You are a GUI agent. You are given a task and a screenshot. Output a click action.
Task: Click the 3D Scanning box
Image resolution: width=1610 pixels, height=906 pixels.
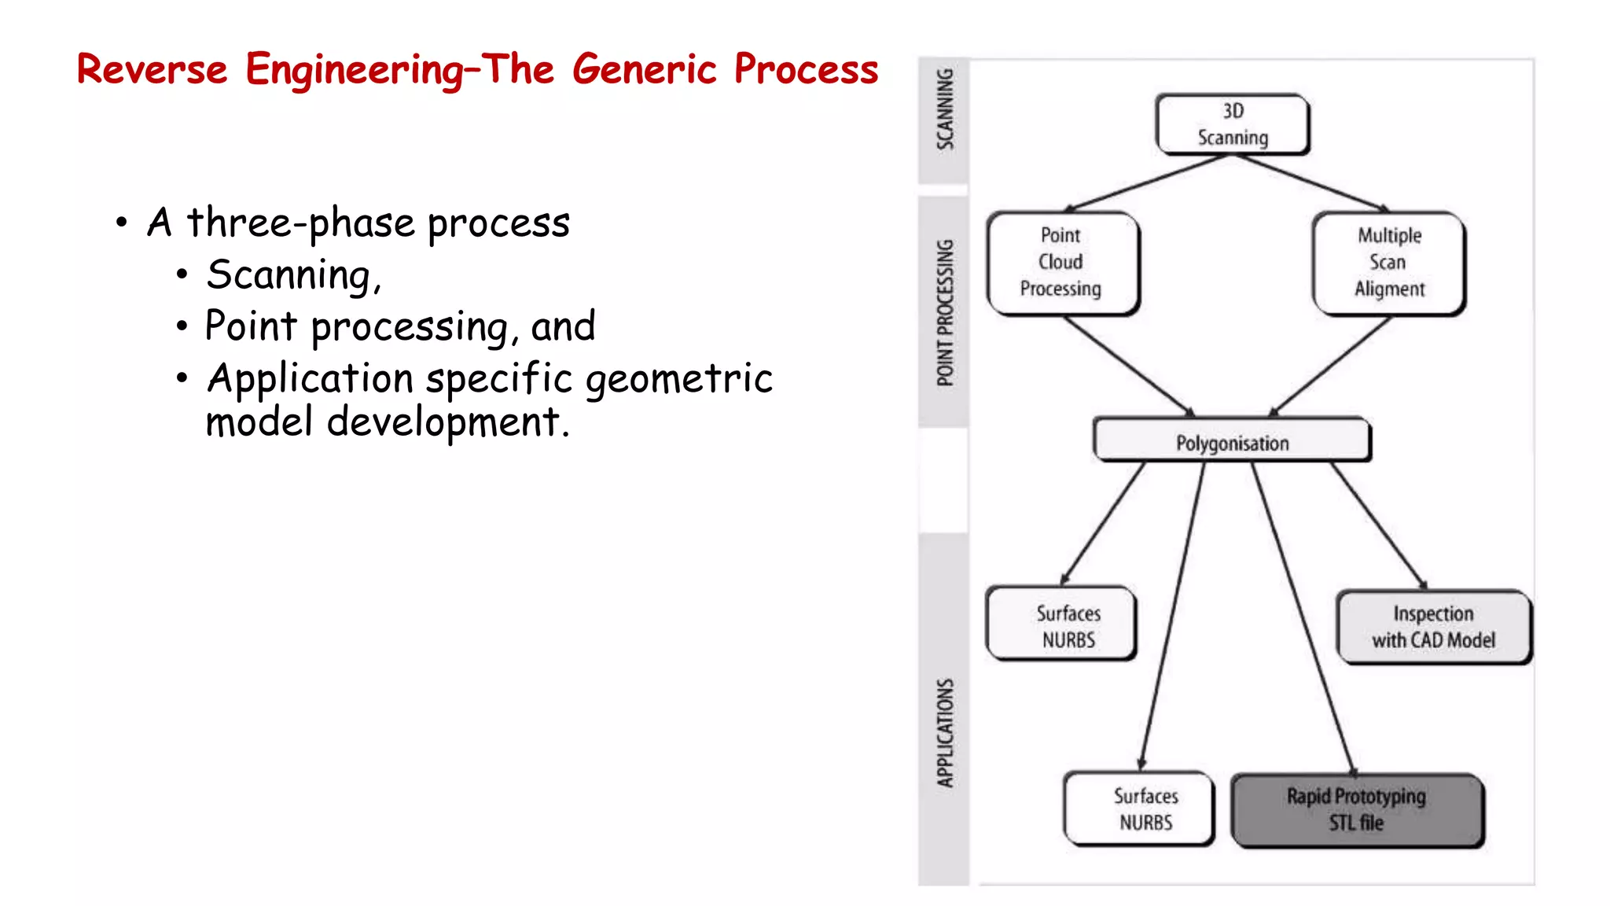(1232, 124)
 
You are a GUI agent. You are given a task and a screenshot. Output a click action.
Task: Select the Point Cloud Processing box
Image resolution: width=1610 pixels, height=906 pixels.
(1061, 263)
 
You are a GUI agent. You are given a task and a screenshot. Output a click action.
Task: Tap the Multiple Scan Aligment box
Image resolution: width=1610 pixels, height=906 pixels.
(1388, 263)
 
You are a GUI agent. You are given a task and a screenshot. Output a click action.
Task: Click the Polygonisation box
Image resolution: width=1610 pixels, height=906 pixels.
(1232, 443)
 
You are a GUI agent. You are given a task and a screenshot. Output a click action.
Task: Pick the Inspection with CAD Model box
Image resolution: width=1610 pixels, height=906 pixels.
(1433, 627)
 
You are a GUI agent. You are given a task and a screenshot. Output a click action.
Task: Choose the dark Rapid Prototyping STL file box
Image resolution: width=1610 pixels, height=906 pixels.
(1356, 810)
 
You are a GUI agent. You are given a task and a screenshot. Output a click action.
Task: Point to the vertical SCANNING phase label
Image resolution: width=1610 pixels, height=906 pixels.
(944, 110)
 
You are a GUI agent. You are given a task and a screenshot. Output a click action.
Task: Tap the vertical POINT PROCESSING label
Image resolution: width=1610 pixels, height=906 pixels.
(944, 313)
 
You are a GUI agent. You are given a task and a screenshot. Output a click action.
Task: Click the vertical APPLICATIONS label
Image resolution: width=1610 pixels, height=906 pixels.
(944, 733)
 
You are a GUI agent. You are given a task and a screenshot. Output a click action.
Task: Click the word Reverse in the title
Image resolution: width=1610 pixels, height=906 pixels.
(152, 69)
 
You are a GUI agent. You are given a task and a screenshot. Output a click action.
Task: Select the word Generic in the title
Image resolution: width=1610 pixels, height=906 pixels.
(644, 69)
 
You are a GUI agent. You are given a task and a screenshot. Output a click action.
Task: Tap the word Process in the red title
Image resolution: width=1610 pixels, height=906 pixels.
(806, 69)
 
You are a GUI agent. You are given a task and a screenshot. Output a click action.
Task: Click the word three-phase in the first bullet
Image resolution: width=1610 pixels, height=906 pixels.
(300, 223)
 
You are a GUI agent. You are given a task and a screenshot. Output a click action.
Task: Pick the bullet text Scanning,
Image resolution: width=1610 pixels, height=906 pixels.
(293, 276)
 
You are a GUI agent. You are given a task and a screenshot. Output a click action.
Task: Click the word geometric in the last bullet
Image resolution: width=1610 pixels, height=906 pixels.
(679, 379)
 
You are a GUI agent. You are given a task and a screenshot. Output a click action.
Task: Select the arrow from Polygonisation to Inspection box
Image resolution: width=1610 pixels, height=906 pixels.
(1378, 525)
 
